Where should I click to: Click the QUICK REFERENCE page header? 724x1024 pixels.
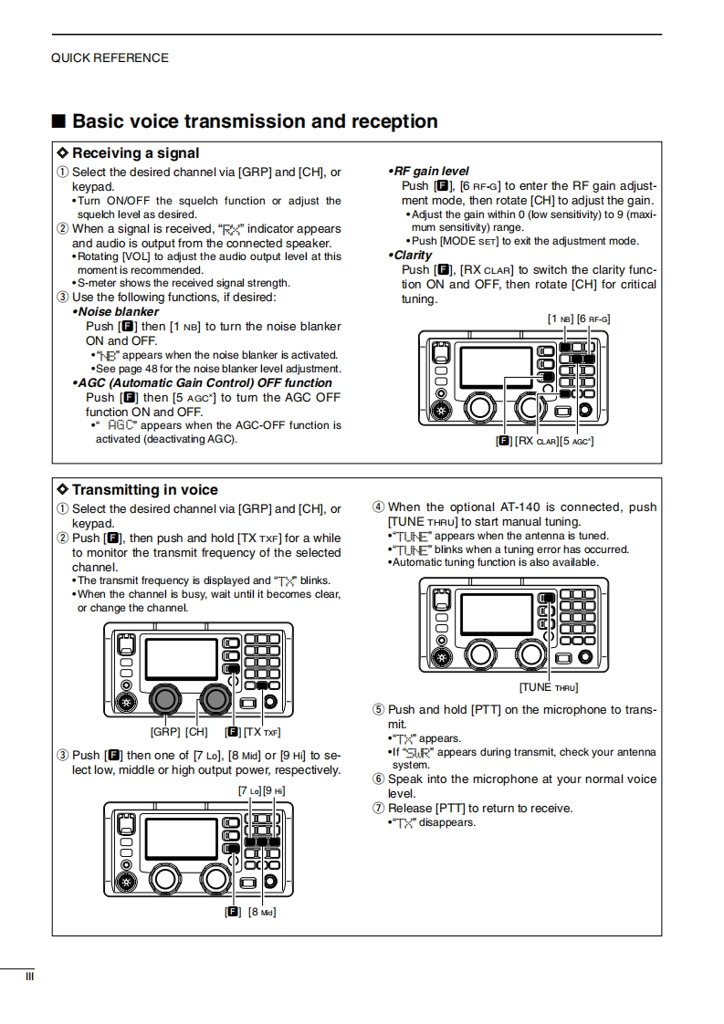[x=110, y=57]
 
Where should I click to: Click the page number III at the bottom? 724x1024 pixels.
[x=29, y=977]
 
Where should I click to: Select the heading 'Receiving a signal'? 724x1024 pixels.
[x=135, y=153]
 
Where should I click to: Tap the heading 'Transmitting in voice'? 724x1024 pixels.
[x=144, y=490]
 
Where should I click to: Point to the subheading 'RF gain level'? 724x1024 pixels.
[x=429, y=171]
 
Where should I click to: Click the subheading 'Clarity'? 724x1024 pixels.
[x=413, y=256]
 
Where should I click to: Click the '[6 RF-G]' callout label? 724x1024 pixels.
[x=593, y=318]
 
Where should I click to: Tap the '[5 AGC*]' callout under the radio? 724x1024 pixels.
[x=577, y=441]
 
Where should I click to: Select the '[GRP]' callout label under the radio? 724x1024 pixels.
[x=165, y=732]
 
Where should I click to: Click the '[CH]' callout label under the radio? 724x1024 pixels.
[x=196, y=732]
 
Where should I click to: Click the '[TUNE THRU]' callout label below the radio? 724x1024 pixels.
[x=549, y=687]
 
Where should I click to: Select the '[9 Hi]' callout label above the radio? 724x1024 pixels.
[x=275, y=790]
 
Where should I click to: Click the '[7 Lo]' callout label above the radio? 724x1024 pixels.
[x=249, y=790]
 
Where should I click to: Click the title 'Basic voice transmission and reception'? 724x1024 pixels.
[x=255, y=121]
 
